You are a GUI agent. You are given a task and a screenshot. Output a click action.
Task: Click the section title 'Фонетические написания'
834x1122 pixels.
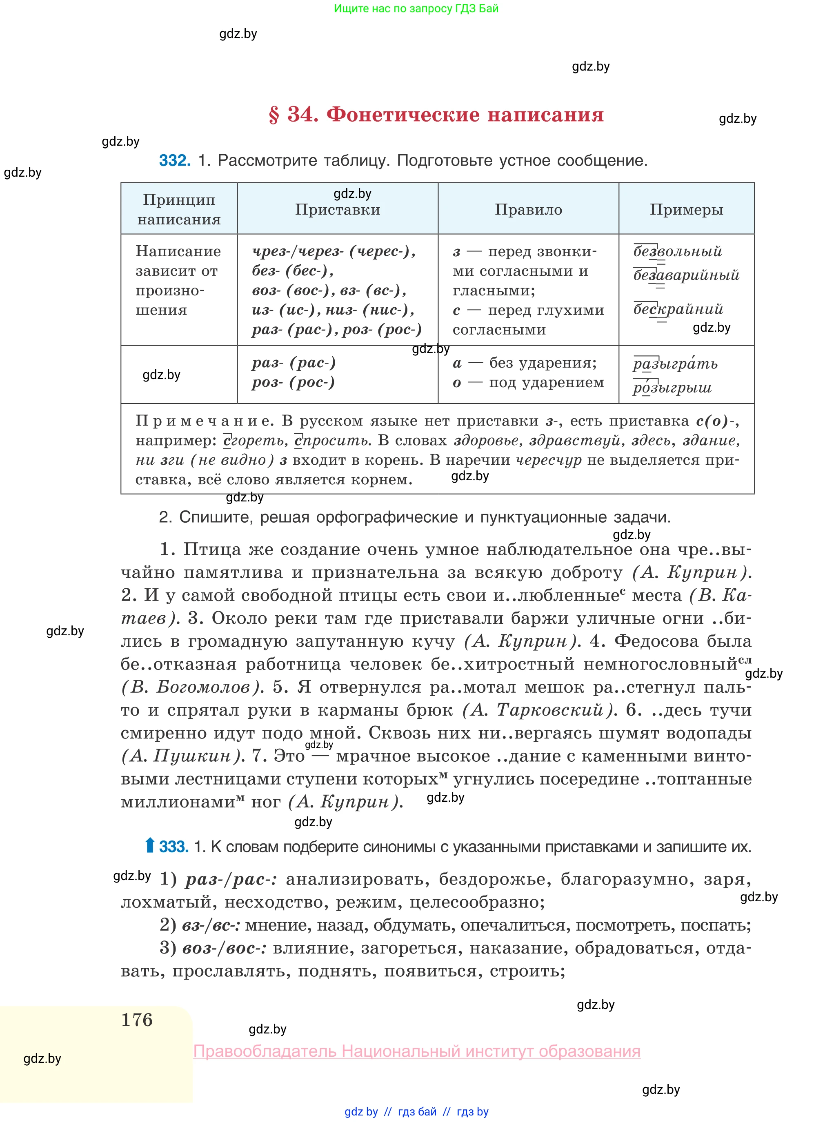[x=465, y=115]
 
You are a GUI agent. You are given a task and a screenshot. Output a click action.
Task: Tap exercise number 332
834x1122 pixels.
[x=175, y=160]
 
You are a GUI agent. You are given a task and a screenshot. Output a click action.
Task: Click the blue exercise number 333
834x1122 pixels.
[x=173, y=847]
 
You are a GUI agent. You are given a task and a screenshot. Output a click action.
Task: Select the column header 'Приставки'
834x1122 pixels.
[x=337, y=209]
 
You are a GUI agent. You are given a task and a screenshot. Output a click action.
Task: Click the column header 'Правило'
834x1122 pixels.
[x=528, y=209]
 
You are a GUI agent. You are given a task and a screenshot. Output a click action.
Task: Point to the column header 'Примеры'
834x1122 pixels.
[x=686, y=209]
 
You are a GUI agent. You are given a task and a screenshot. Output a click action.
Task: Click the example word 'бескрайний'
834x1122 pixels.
[x=678, y=309]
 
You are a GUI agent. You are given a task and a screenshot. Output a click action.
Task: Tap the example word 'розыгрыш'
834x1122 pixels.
[x=672, y=388]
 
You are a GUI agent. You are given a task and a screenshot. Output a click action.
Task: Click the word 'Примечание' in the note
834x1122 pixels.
[x=204, y=421]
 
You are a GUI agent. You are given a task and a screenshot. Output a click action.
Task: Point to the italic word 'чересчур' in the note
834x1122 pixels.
[x=548, y=460]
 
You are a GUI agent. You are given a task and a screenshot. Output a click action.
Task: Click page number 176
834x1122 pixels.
[x=137, y=1020]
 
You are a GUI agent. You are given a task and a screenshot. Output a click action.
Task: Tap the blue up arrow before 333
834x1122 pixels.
[x=149, y=845]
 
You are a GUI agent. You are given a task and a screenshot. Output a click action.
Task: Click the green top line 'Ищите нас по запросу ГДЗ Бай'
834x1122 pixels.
[x=416, y=9]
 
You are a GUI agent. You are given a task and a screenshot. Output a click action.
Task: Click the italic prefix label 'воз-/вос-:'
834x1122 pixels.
[x=224, y=949]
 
